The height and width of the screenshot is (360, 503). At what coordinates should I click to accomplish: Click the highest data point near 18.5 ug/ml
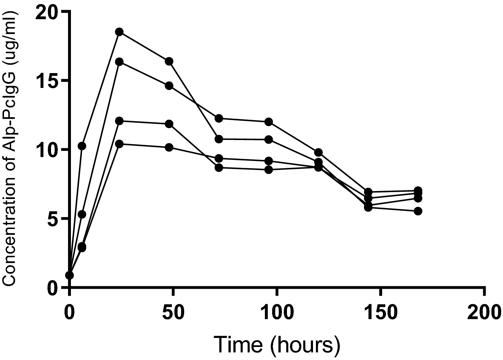119,32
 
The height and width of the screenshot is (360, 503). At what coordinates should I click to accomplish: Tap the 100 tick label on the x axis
277,312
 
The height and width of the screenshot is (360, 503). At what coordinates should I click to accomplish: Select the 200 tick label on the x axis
484,312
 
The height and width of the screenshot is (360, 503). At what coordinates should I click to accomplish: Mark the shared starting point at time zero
69,275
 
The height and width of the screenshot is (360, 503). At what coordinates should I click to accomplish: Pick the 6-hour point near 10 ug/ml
82,146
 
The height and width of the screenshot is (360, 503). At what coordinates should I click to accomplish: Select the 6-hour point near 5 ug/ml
82,215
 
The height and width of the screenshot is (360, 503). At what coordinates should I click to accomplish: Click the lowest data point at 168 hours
418,211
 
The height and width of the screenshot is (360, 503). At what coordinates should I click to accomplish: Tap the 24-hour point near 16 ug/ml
119,62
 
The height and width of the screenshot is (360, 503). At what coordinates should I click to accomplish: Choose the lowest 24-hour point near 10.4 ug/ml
119,144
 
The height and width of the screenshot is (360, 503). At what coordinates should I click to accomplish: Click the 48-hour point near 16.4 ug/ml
169,61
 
